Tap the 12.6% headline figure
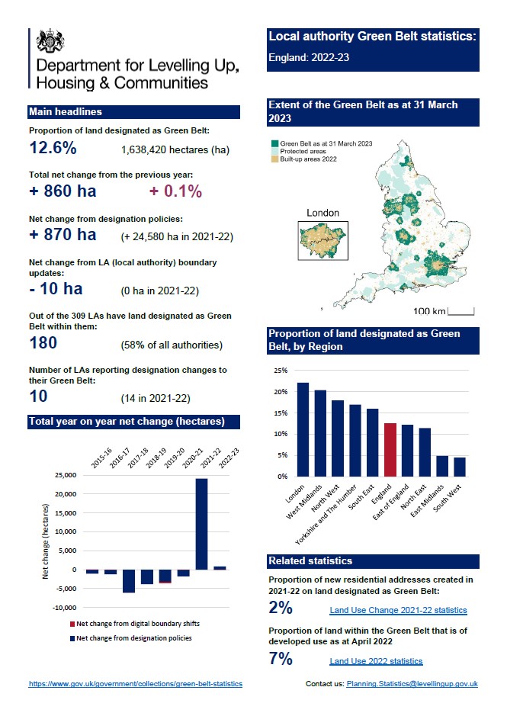53,147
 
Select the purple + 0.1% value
175,191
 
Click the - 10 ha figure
56,289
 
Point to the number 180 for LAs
43,343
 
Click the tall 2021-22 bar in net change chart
202,524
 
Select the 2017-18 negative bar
129,580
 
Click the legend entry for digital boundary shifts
138,624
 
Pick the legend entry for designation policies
134,637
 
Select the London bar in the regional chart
303,429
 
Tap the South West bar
459,466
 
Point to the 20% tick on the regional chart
281,392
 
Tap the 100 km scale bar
461,311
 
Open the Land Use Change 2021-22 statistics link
398,610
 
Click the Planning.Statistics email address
412,684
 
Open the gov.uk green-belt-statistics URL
136,684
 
